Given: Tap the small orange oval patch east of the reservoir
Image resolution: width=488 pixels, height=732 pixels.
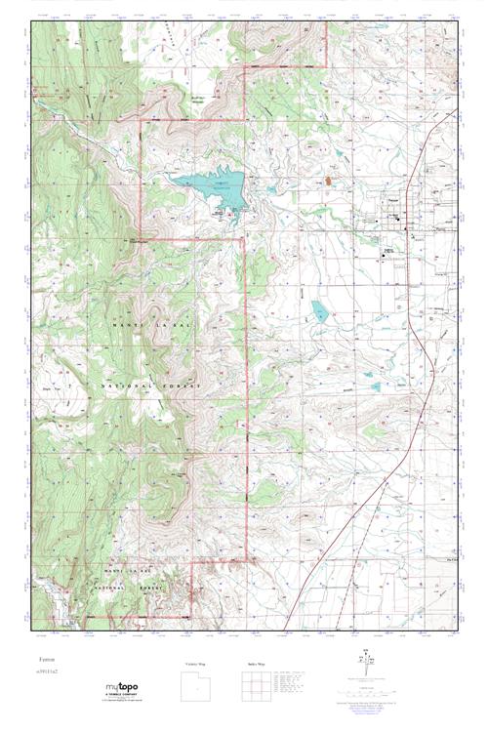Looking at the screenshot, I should click(x=329, y=180).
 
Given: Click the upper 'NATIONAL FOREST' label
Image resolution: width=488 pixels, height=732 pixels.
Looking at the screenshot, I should click(x=146, y=387).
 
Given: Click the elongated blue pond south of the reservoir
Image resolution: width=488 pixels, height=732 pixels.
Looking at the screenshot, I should click(x=319, y=311).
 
